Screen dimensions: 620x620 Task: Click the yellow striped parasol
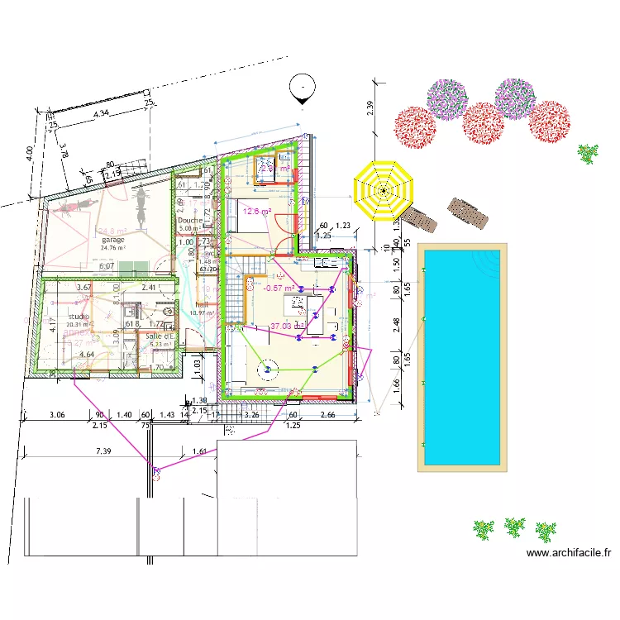(384, 191)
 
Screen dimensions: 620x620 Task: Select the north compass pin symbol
(303, 88)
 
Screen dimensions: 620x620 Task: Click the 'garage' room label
(112, 240)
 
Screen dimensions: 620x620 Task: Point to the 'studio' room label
(79, 317)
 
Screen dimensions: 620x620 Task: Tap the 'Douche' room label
(189, 221)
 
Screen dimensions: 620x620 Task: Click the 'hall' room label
(200, 304)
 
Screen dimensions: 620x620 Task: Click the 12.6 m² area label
(257, 210)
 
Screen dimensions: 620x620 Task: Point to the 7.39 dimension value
(103, 451)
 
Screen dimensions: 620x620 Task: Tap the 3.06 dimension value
(57, 414)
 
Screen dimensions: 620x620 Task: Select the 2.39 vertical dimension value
(370, 107)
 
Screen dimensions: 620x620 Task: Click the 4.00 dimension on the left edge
(28, 153)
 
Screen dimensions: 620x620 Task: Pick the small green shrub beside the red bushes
(588, 153)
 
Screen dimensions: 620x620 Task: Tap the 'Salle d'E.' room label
(160, 336)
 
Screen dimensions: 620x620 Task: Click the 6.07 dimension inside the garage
(106, 266)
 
